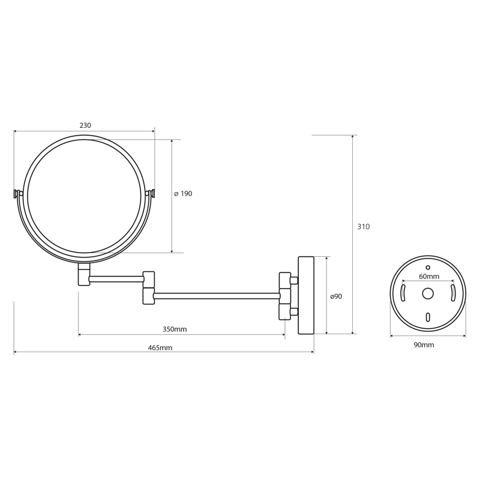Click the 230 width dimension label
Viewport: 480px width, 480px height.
[85, 125]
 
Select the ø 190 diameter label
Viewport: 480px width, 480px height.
[183, 193]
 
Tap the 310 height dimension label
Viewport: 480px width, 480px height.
[364, 227]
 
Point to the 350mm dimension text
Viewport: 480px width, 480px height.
[175, 329]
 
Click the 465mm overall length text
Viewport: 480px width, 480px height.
[160, 348]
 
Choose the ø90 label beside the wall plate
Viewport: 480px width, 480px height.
[336, 296]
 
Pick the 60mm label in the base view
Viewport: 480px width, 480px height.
[429, 277]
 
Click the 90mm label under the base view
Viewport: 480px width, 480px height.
[424, 345]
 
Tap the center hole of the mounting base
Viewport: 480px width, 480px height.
[428, 293]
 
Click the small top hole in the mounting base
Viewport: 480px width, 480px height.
[428, 268]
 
